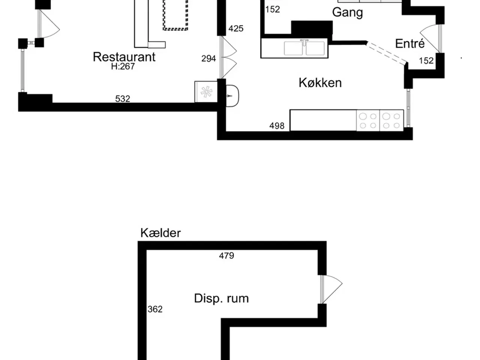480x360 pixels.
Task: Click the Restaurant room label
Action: click(124, 57)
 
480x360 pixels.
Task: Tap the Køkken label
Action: click(320, 83)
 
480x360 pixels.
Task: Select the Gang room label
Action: click(348, 12)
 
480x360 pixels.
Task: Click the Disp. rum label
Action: click(221, 298)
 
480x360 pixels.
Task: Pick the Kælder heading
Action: click(160, 233)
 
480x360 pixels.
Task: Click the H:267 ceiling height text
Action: click(123, 66)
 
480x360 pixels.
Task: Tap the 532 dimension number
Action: click(123, 99)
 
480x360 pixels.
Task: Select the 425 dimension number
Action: click(236, 28)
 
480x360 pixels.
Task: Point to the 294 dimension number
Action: click(208, 58)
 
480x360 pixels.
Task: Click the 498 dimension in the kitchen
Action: click(277, 126)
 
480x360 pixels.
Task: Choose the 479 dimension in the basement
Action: click(226, 255)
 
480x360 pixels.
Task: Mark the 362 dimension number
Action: click(155, 309)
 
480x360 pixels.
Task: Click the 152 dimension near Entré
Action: click(426, 61)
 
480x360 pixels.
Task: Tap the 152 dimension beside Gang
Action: click(273, 9)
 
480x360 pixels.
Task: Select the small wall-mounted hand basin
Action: click(232, 96)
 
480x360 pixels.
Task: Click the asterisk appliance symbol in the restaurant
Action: click(206, 92)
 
